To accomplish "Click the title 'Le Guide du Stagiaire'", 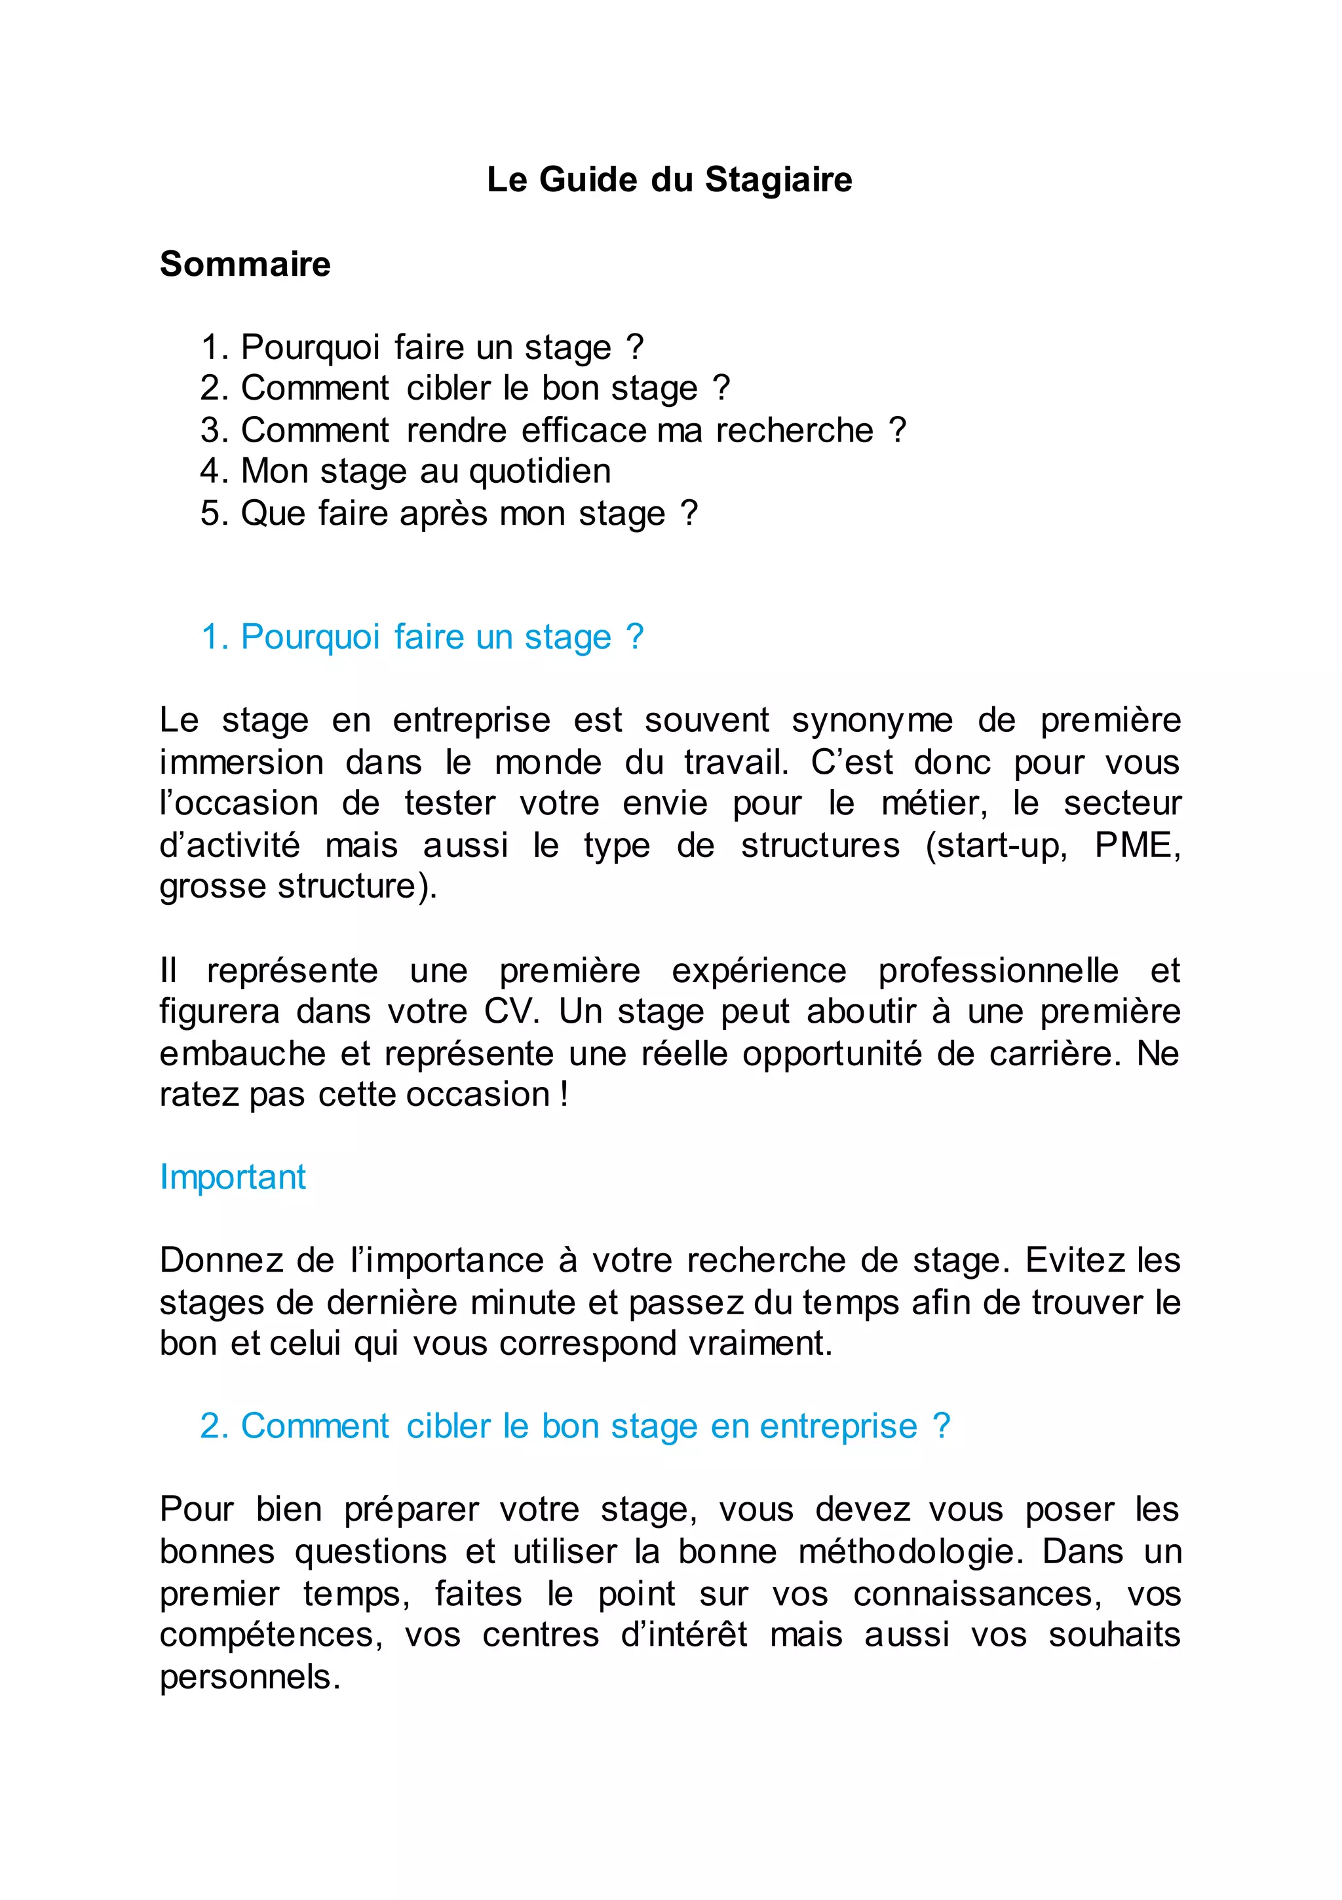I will [x=669, y=180].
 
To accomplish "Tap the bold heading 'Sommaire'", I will [x=245, y=265].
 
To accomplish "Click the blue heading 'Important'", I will [x=233, y=1177].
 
